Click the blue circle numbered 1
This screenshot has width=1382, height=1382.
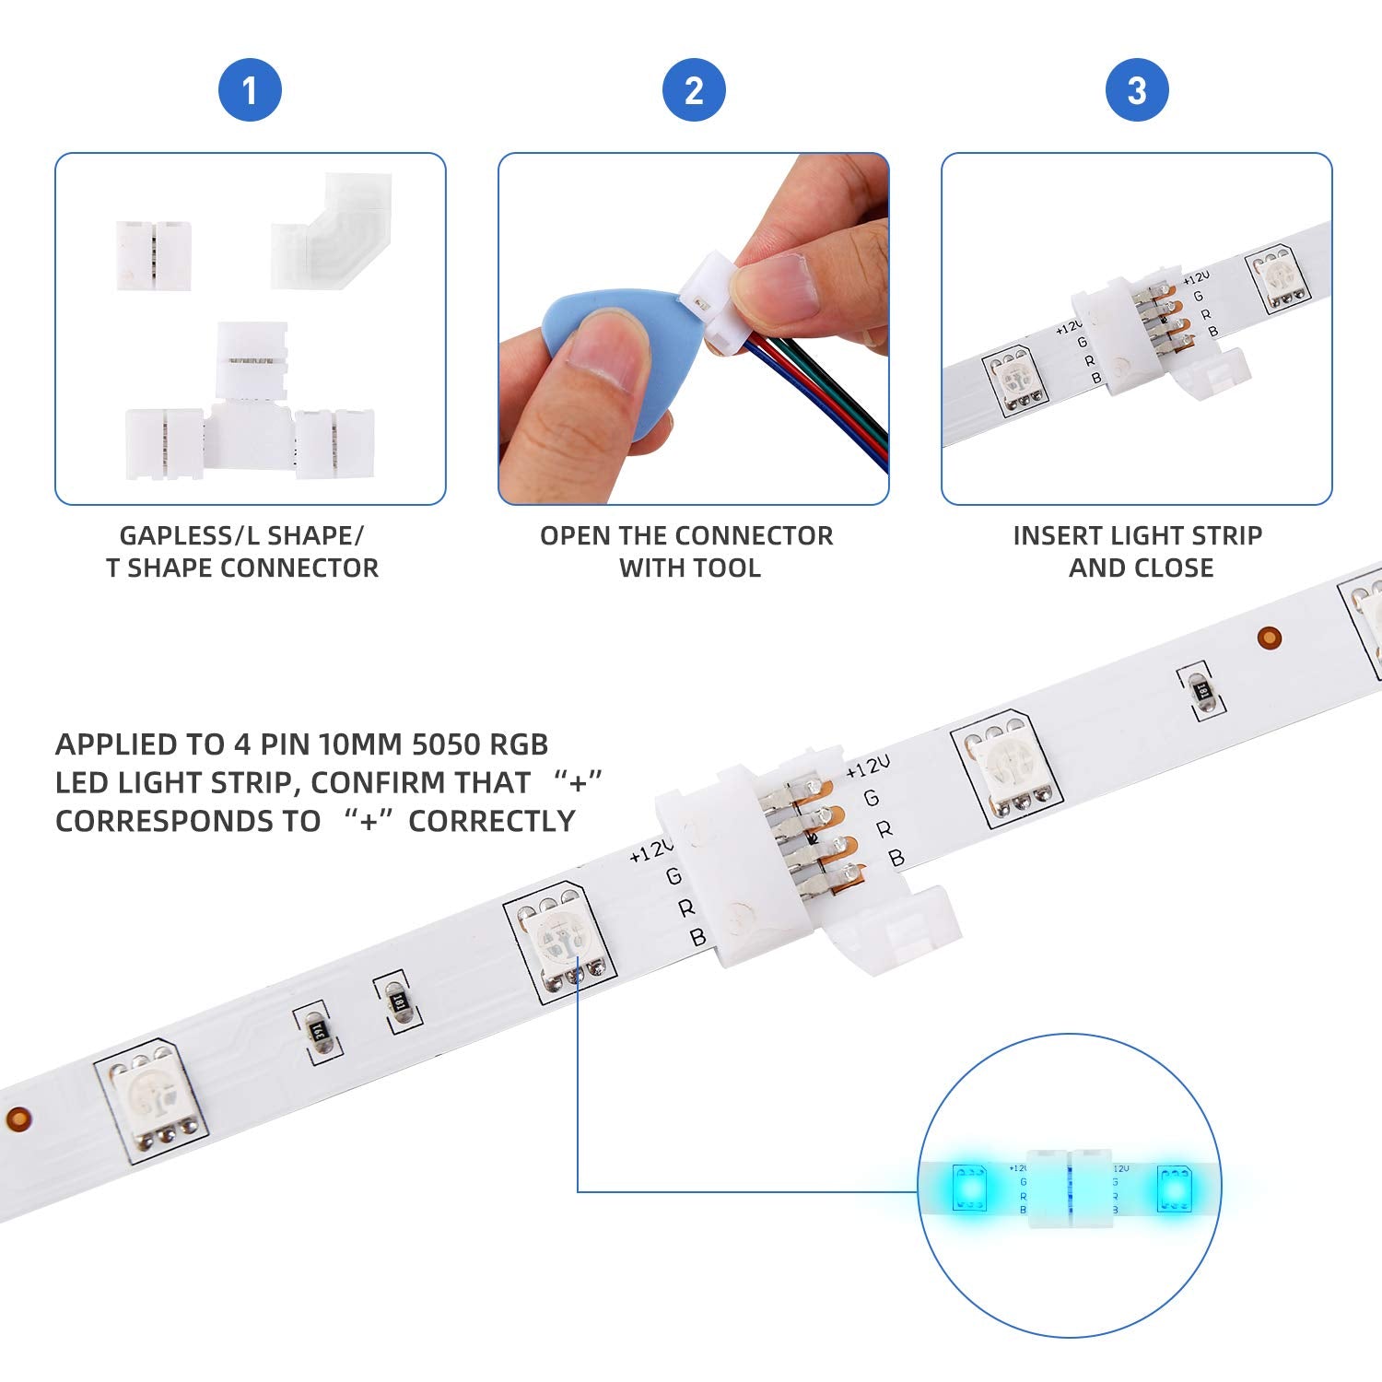pos(249,90)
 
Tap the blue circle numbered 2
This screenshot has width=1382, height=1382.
pos(694,90)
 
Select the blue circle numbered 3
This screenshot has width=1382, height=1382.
pos(1137,90)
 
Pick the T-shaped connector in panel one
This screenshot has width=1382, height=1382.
pos(251,415)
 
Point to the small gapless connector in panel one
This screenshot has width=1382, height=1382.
pos(153,255)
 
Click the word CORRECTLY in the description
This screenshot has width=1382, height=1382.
pos(492,821)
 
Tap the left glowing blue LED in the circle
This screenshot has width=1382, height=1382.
pos(969,1189)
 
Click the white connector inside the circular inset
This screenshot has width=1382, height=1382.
pos(1070,1189)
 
